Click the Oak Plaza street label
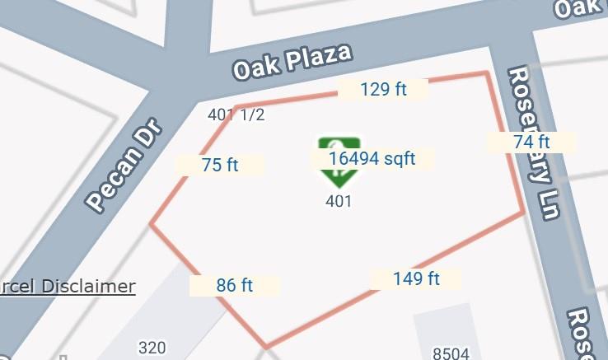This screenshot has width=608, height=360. click(292, 63)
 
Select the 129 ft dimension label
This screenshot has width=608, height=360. click(383, 89)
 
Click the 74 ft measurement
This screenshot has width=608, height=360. click(531, 142)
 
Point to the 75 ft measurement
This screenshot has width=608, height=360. click(220, 165)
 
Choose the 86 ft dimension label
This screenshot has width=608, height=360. click(234, 286)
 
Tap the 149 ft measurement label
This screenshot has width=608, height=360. click(416, 278)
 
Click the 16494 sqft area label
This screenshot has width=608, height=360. click(372, 158)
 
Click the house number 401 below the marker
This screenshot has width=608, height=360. click(339, 201)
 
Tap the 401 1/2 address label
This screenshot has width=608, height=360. click(236, 115)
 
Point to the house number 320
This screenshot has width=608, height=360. click(152, 348)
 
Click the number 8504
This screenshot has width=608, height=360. click(451, 353)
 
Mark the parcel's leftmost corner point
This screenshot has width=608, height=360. click(151, 223)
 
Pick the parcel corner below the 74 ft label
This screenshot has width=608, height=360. click(524, 212)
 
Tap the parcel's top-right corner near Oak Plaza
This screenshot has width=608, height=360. click(487, 72)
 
